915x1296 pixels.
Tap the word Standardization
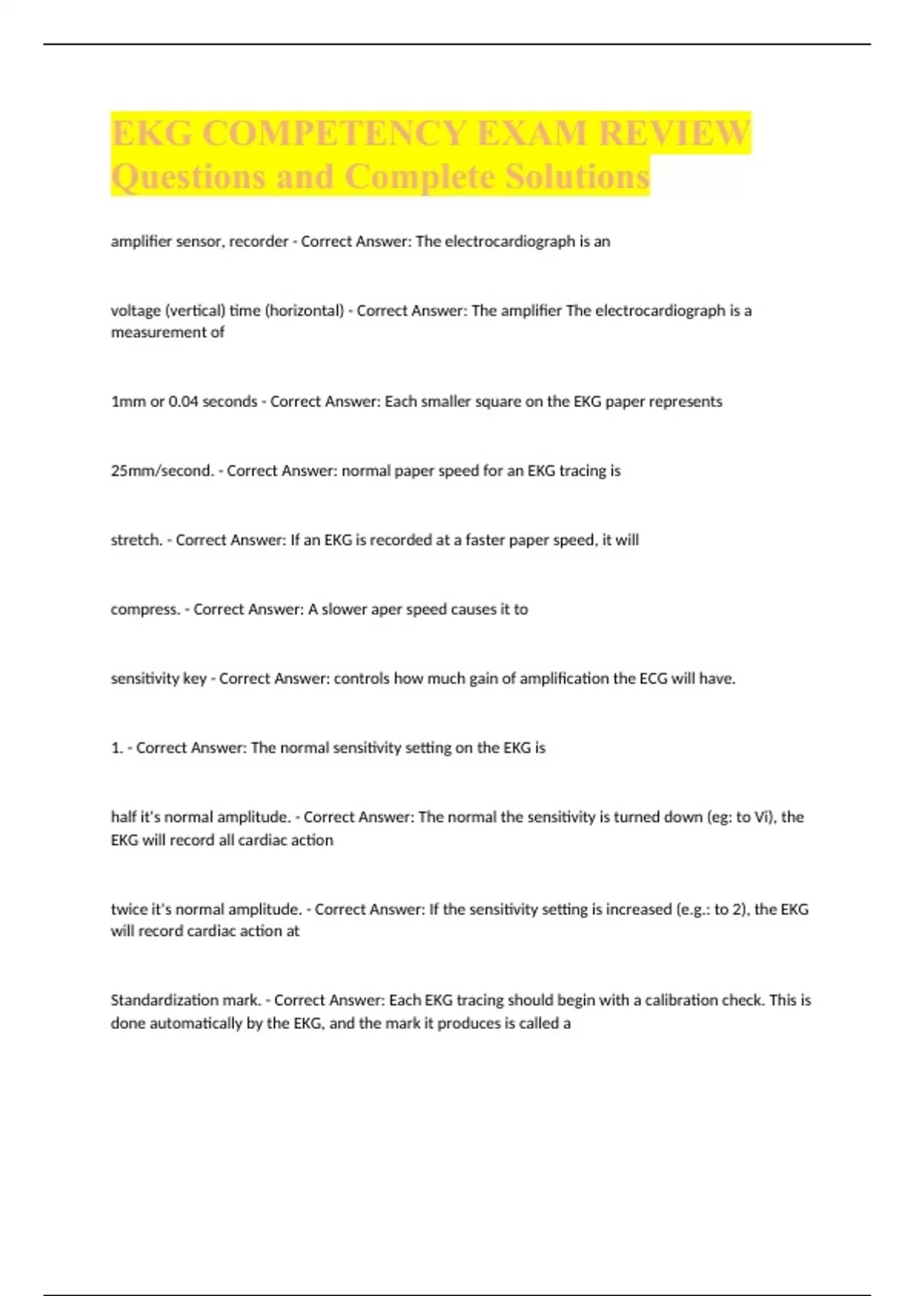pos(163,1000)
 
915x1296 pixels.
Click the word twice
pos(129,909)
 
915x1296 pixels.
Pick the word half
pos(124,817)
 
